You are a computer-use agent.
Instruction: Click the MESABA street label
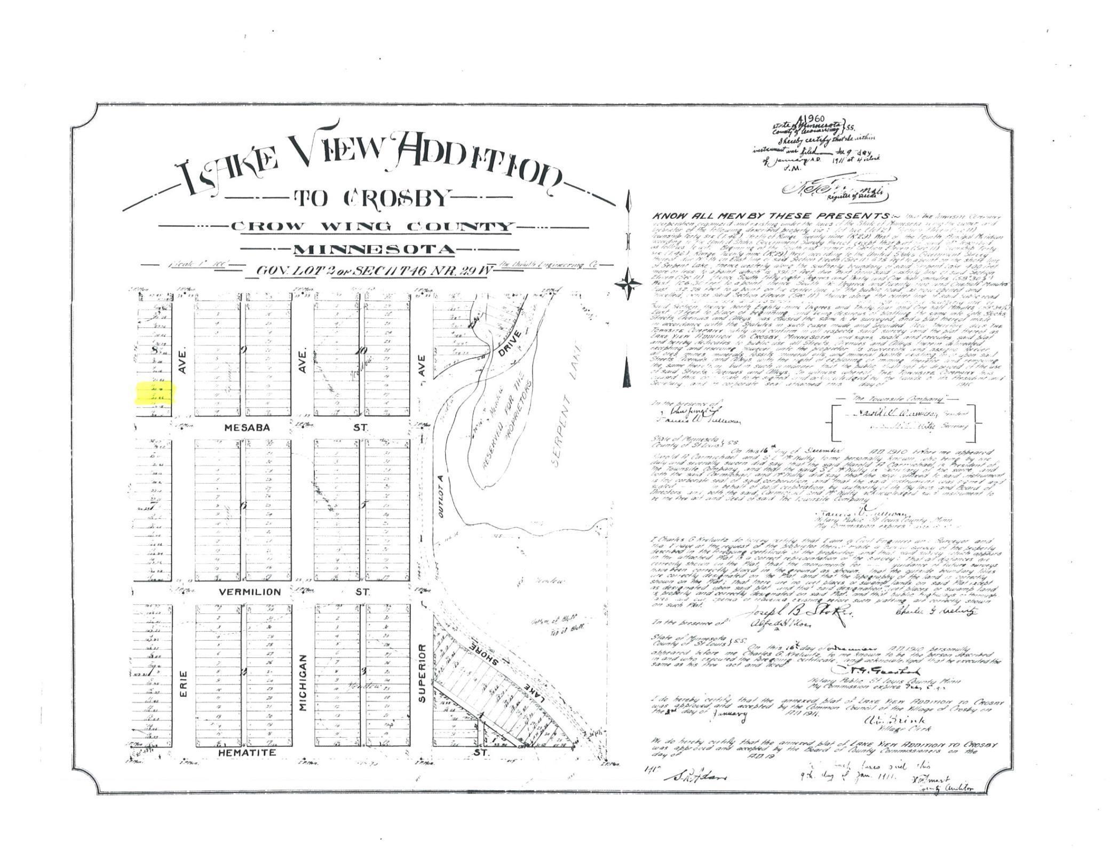click(248, 428)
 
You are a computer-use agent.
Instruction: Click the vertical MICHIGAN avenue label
click(303, 682)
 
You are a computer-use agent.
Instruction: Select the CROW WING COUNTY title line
click(372, 226)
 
